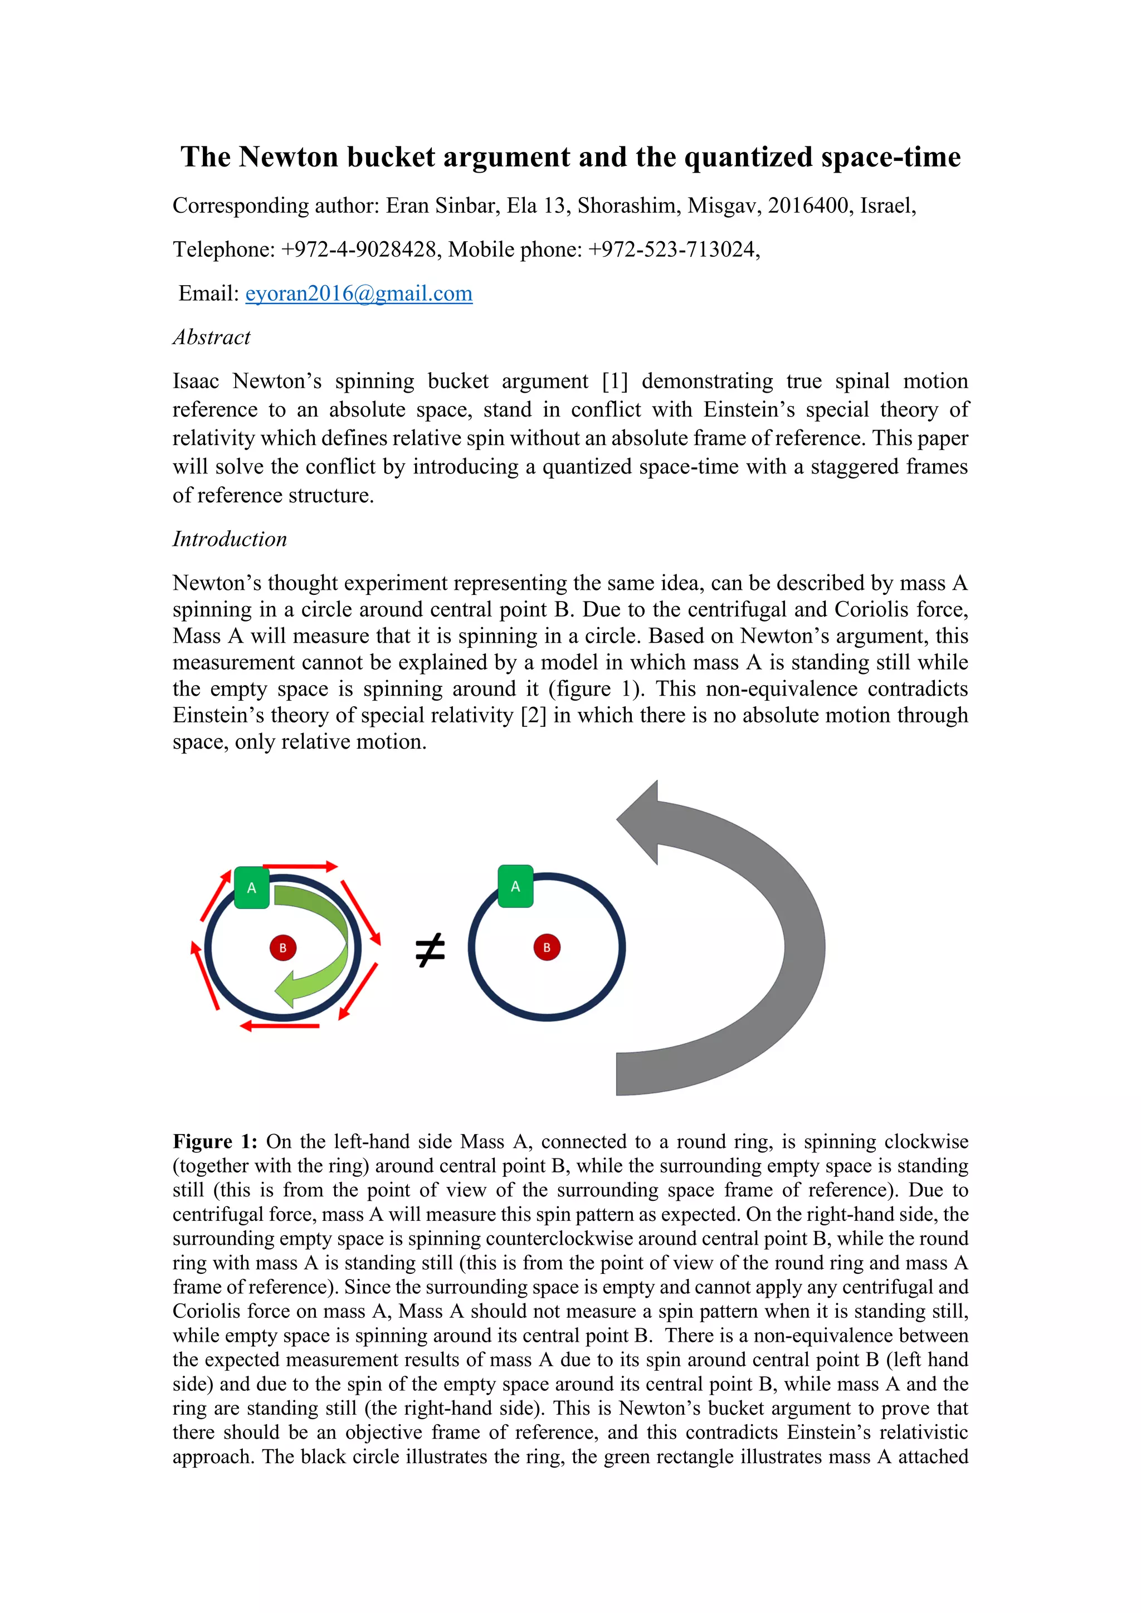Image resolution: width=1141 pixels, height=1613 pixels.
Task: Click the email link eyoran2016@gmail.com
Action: click(358, 293)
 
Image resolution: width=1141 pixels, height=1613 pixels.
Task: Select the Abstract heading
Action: click(212, 337)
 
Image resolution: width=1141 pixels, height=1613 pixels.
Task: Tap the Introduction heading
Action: click(230, 539)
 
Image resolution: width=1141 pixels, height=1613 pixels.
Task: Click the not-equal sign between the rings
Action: click(430, 950)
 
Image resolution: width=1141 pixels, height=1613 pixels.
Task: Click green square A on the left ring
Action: click(251, 887)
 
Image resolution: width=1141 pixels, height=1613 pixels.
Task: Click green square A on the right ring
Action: click(515, 886)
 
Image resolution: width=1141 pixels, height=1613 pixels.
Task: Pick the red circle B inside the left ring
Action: click(282, 948)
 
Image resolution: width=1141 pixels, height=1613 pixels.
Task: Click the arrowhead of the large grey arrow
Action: click(640, 822)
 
